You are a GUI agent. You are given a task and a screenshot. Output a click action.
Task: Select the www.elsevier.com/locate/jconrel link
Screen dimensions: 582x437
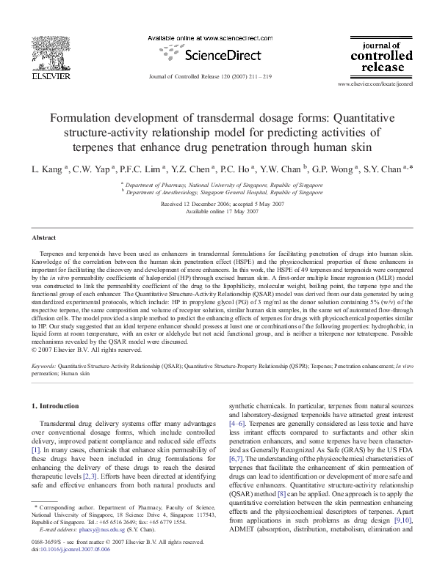[375, 85]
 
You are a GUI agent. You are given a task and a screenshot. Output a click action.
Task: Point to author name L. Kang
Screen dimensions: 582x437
[48, 168]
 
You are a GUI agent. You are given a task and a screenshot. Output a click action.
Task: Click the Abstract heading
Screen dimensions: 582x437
[44, 238]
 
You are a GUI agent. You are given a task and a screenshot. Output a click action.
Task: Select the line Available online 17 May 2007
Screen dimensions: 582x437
[219, 211]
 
